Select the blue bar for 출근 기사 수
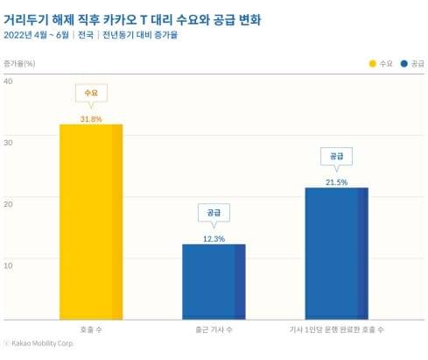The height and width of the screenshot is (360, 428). click(214, 280)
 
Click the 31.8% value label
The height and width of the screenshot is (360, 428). click(91, 118)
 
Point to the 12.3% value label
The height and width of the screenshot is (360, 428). click(214, 238)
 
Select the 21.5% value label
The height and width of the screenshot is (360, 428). click(336, 182)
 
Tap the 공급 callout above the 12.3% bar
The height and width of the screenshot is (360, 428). click(214, 213)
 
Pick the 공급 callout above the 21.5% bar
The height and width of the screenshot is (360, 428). click(336, 156)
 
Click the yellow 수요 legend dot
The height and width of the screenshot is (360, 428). click(372, 64)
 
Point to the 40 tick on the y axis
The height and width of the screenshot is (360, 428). click(9, 81)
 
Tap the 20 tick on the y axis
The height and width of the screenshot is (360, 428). click(9, 203)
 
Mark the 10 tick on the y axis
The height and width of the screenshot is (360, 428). click(9, 264)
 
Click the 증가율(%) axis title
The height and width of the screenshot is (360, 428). click(19, 64)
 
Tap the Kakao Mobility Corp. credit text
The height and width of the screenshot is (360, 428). click(40, 344)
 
